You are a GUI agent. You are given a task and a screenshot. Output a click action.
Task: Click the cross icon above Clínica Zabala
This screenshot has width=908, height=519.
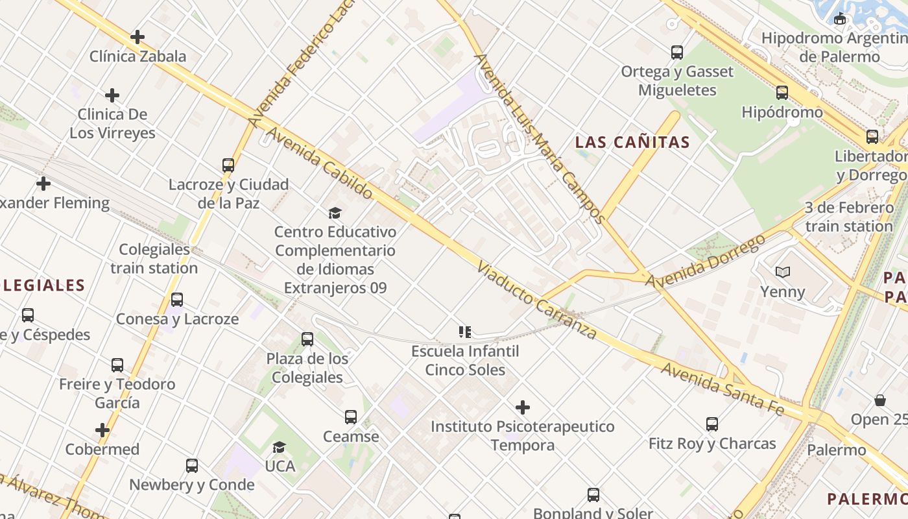(x=137, y=37)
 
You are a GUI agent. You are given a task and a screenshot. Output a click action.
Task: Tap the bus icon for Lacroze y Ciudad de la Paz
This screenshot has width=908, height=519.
(x=228, y=165)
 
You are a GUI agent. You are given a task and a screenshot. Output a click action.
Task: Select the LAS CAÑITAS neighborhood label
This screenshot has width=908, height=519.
(x=632, y=142)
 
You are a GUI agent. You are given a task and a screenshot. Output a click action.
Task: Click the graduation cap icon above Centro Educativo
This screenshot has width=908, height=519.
(x=335, y=213)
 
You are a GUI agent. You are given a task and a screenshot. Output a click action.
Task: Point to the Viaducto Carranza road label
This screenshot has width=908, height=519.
(x=536, y=301)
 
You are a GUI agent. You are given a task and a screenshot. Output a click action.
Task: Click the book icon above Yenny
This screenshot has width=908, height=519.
(x=783, y=272)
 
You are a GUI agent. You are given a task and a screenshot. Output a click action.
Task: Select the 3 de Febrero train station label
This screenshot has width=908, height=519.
(x=849, y=217)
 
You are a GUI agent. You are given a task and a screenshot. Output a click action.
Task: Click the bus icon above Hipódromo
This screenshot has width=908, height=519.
(x=782, y=92)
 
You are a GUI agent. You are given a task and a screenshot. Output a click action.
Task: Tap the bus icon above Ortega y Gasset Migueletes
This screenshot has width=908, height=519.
(x=677, y=52)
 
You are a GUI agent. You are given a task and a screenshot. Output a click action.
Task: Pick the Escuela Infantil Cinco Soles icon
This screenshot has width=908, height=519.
(x=464, y=332)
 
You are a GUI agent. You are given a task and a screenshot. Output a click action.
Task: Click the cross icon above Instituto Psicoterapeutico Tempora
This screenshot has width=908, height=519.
(x=523, y=407)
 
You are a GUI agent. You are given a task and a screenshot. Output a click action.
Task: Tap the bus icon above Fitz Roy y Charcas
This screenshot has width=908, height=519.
(x=712, y=424)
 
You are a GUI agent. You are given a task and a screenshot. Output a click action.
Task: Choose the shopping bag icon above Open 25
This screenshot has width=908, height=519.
(x=880, y=400)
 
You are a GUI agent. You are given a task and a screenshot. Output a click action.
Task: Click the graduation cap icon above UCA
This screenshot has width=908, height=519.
(x=280, y=447)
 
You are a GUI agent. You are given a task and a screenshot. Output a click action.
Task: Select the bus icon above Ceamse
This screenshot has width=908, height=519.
(x=351, y=416)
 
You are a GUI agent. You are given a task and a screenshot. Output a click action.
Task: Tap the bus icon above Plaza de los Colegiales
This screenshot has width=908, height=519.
(x=307, y=339)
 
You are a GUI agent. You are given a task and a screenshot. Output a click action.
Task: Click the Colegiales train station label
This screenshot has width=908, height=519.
(x=154, y=258)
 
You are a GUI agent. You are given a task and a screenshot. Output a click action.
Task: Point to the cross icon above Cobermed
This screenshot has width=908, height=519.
(x=102, y=430)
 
